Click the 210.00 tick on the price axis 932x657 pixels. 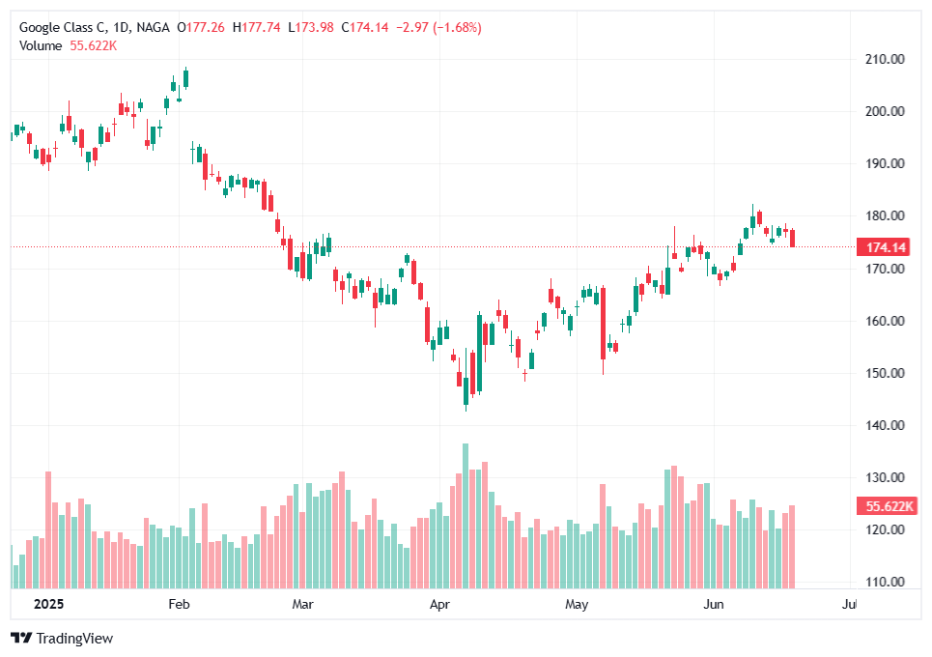pyautogui.click(x=885, y=59)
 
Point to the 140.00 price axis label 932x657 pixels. pyautogui.click(x=885, y=425)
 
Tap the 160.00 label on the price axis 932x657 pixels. pyautogui.click(x=885, y=321)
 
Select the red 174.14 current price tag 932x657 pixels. pyautogui.click(x=885, y=247)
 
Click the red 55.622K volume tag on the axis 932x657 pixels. pyautogui.click(x=885, y=506)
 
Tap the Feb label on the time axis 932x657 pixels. pyautogui.click(x=179, y=605)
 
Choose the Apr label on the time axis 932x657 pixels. pyautogui.click(x=440, y=605)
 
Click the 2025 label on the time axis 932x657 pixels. pyautogui.click(x=49, y=605)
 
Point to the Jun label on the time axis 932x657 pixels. pyautogui.click(x=714, y=605)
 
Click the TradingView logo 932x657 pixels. pyautogui.click(x=62, y=638)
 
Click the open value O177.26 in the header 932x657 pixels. pyautogui.click(x=202, y=27)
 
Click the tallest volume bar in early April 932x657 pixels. pyautogui.click(x=466, y=516)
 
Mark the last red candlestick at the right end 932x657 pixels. pyautogui.click(x=793, y=238)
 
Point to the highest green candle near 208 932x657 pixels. pyautogui.click(x=185, y=78)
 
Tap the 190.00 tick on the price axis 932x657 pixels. pyautogui.click(x=885, y=163)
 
